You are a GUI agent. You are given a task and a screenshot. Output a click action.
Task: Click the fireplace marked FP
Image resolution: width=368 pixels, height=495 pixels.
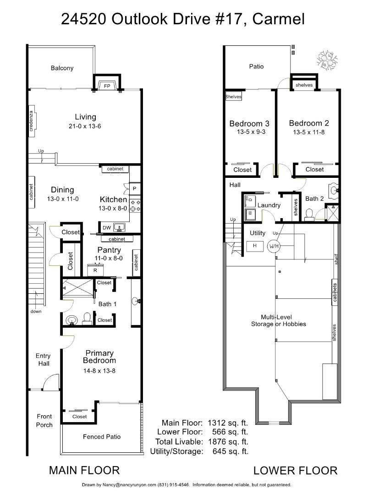click(x=107, y=86)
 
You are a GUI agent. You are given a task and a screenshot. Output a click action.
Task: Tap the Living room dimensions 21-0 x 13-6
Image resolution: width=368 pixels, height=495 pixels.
click(x=85, y=126)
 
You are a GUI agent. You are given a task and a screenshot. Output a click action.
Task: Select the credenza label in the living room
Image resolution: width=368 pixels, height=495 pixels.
click(x=31, y=121)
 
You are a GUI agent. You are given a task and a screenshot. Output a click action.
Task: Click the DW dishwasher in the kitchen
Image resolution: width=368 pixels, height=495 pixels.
click(x=107, y=228)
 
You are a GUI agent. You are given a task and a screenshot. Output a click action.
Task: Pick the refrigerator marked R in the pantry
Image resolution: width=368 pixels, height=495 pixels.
click(x=95, y=270)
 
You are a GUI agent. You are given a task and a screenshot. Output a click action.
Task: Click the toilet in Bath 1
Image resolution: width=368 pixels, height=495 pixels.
click(x=87, y=319)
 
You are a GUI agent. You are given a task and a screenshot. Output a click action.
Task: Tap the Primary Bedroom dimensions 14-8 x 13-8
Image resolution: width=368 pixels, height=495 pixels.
click(x=99, y=371)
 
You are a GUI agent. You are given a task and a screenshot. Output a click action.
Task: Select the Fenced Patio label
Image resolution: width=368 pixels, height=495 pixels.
click(x=102, y=437)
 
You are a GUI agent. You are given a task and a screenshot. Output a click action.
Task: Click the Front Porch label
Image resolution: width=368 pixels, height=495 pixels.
click(x=44, y=420)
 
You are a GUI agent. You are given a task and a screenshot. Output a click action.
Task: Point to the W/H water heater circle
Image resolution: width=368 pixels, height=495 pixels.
click(x=274, y=246)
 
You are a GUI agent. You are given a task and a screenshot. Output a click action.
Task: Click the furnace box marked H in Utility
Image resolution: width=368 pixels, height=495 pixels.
click(x=255, y=246)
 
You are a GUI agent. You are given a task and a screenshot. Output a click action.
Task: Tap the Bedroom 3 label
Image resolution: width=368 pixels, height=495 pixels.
click(x=249, y=123)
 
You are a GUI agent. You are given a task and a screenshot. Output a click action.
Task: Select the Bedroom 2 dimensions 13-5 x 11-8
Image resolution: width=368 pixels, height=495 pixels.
click(x=308, y=132)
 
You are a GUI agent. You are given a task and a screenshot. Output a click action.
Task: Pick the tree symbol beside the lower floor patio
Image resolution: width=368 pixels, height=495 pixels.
click(x=327, y=59)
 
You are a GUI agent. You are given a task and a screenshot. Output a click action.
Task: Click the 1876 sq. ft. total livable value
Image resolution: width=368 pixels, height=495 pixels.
click(x=228, y=442)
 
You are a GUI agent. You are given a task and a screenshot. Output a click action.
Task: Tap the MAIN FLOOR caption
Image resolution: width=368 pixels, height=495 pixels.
click(x=84, y=470)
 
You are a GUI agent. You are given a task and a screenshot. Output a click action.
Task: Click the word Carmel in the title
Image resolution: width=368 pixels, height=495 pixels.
click(x=278, y=19)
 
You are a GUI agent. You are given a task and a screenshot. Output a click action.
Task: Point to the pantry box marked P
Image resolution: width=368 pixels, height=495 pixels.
click(x=134, y=189)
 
